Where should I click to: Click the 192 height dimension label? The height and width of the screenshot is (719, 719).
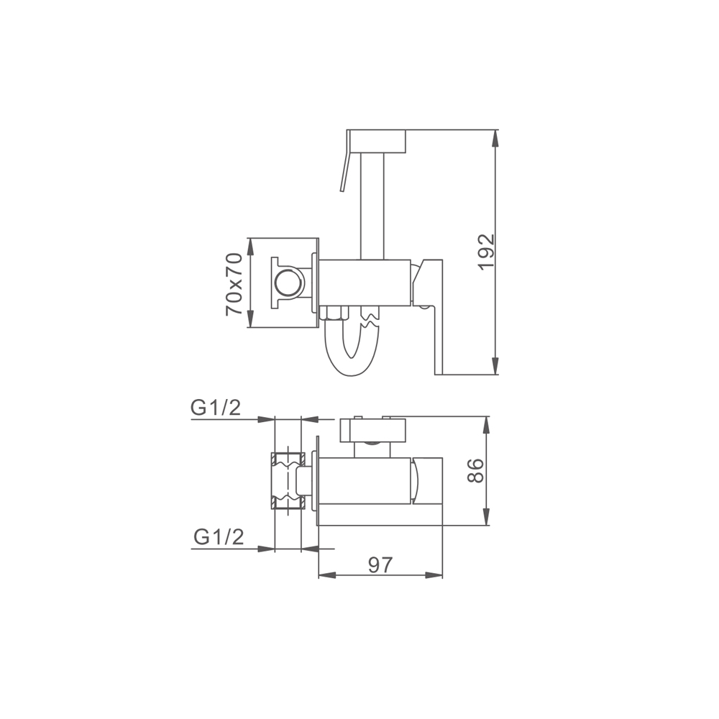click(x=486, y=252)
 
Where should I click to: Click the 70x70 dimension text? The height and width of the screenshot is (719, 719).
click(x=234, y=284)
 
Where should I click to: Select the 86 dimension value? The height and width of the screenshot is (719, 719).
click(x=475, y=470)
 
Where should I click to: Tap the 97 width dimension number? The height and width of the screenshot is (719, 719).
click(x=380, y=565)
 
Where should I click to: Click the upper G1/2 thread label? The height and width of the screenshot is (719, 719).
click(x=216, y=407)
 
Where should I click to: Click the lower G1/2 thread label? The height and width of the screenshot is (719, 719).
click(x=219, y=536)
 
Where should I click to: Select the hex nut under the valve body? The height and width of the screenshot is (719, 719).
click(x=333, y=313)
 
